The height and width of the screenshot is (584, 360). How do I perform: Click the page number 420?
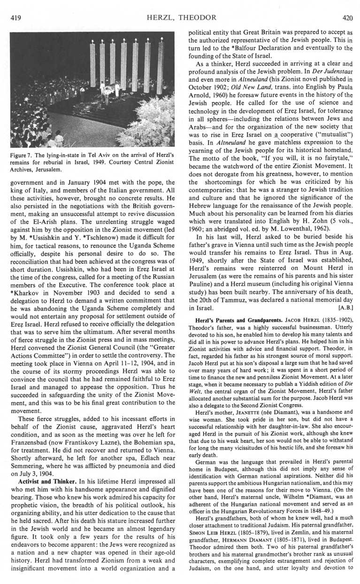pyautogui.click(x=347, y=18)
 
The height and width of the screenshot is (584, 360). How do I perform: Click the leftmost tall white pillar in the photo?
pyautogui.click(x=92, y=63)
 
